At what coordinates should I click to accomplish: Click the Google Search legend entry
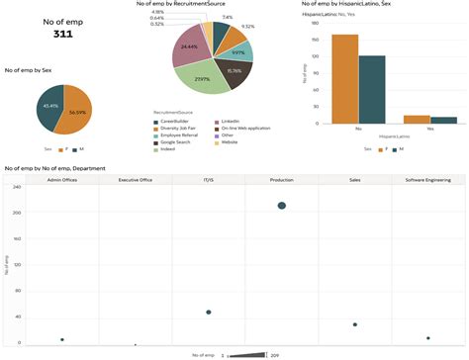click(x=179, y=142)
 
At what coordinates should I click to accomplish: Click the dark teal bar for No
click(x=371, y=89)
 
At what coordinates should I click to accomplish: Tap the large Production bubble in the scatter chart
click(x=282, y=206)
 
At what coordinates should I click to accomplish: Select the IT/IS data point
click(x=209, y=313)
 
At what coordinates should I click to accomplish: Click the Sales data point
click(x=355, y=324)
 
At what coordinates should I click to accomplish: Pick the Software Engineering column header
click(x=427, y=181)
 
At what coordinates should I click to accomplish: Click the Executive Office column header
click(x=136, y=181)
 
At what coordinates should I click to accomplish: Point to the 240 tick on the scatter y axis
click(x=16, y=187)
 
